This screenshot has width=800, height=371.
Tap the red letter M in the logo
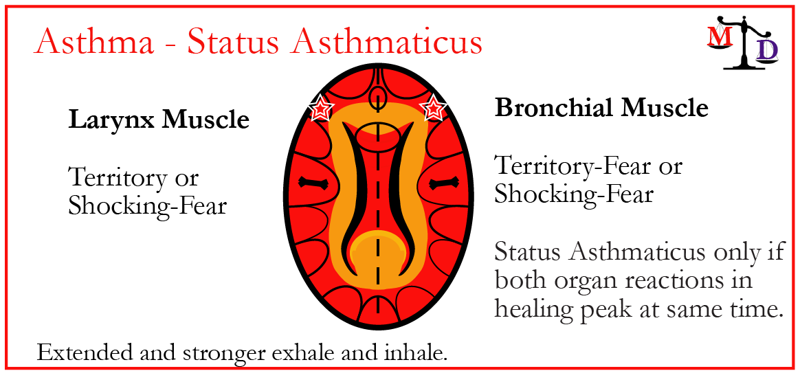pos(717,37)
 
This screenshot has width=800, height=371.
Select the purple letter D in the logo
pos(767,50)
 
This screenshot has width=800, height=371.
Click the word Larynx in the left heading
pos(112,122)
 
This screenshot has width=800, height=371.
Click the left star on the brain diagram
pos(322,108)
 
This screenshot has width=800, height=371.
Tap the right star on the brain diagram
pos(433,108)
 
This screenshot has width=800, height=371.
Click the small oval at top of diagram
pos(377,95)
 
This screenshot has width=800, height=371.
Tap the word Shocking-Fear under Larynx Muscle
pos(148,205)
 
